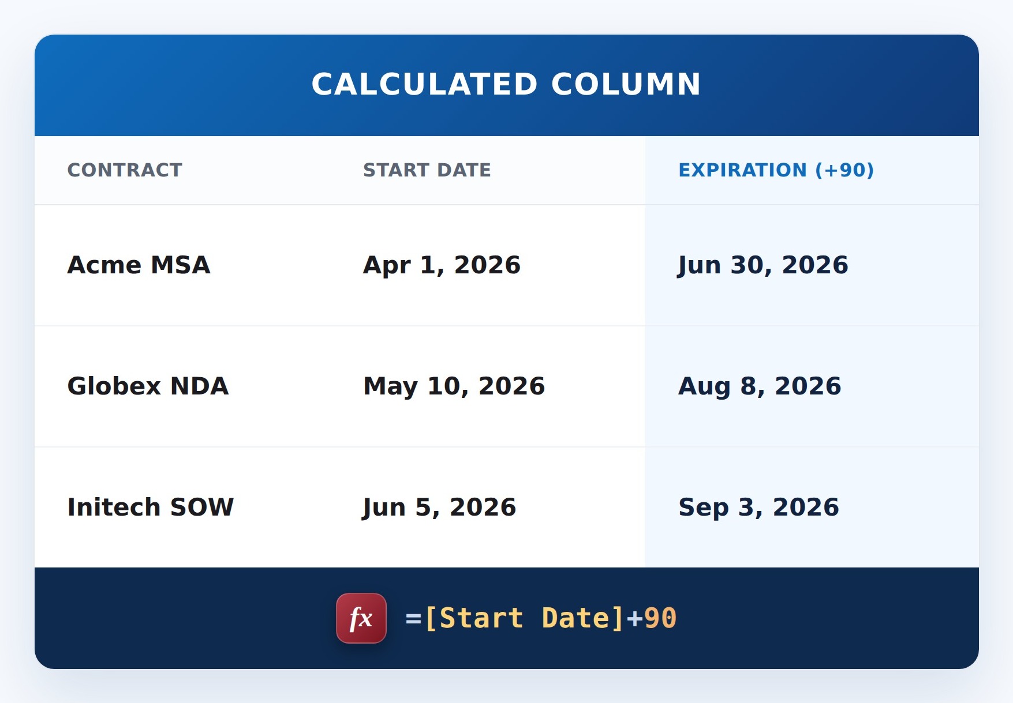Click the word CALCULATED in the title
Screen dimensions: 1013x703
coord(425,84)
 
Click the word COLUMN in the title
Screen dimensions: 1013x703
coord(626,84)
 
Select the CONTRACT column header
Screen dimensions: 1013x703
coord(125,170)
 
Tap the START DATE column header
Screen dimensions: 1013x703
coord(427,170)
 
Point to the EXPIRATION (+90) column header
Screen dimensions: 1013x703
coord(776,170)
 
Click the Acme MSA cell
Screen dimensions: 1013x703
coord(139,265)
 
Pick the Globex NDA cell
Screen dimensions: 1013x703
coord(148,386)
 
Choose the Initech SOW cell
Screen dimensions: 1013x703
coord(151,507)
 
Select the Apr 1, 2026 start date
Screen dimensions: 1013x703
coord(442,266)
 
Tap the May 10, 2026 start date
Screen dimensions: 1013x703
coord(454,387)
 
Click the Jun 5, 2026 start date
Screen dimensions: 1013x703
coord(439,508)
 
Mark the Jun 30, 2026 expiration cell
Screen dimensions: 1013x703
coord(763,266)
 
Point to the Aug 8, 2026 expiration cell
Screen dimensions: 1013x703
coord(760,387)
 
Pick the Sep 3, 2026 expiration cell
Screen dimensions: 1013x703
coord(758,508)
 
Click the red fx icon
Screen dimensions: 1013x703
coord(361,618)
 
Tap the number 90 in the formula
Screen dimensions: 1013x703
coord(660,618)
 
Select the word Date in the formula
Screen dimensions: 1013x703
coord(575,618)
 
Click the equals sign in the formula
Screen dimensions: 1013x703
coord(413,619)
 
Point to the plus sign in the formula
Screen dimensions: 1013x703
coord(634,619)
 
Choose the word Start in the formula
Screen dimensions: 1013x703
coord(481,618)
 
